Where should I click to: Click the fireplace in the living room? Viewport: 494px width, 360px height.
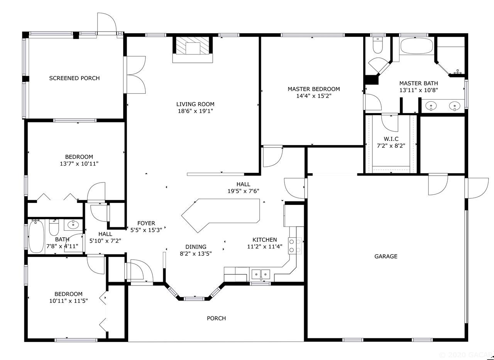tap(192, 48)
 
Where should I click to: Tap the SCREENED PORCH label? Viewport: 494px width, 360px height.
tap(74, 78)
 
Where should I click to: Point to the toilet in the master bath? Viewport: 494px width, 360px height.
tap(377, 46)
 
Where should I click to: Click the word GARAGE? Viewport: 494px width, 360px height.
tap(386, 256)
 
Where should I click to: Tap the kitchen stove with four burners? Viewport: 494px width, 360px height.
tap(295, 245)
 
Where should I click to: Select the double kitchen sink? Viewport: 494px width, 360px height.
tap(261, 274)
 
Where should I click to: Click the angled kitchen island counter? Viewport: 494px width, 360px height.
tap(220, 214)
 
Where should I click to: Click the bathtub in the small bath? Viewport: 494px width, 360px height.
tap(36, 236)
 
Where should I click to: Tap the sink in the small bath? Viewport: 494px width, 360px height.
tap(72, 224)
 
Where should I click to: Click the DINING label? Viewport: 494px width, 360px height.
tap(196, 247)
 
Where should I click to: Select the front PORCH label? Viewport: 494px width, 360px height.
tap(216, 318)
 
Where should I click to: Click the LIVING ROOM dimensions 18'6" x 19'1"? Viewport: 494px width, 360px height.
tap(195, 111)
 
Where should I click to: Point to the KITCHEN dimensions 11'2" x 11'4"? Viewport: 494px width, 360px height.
tap(265, 247)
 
